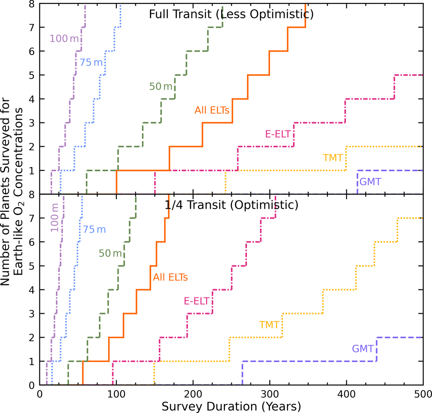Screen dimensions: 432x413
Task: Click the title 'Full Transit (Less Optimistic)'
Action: point(231,14)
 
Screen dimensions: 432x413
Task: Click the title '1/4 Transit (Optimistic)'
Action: point(231,205)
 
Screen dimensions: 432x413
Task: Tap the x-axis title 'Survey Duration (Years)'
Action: point(231,406)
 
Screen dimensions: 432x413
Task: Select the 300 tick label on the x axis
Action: point(269,394)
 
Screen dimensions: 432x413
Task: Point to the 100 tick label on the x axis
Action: point(116,394)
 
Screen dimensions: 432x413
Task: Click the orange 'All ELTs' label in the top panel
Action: point(212,110)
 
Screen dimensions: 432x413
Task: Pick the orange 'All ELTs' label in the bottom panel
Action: point(170,277)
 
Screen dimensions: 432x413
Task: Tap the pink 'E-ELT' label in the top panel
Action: point(278,134)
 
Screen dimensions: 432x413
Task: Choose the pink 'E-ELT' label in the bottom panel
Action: point(197,301)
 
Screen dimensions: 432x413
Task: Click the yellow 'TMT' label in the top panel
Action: point(332,158)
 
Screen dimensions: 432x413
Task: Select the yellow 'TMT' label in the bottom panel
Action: point(269,325)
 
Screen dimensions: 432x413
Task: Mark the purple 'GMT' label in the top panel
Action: point(370,182)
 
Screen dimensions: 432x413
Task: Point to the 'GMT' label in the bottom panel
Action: point(363,349)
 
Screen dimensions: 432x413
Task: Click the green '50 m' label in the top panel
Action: point(161,86)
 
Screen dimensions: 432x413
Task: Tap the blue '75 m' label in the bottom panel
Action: point(94,230)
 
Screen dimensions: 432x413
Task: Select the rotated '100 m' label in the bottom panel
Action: point(55,218)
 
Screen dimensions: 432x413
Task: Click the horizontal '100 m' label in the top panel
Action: point(64,39)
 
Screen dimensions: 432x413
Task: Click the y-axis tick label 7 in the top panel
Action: point(32,28)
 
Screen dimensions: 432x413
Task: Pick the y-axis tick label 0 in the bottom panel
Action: point(32,385)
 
